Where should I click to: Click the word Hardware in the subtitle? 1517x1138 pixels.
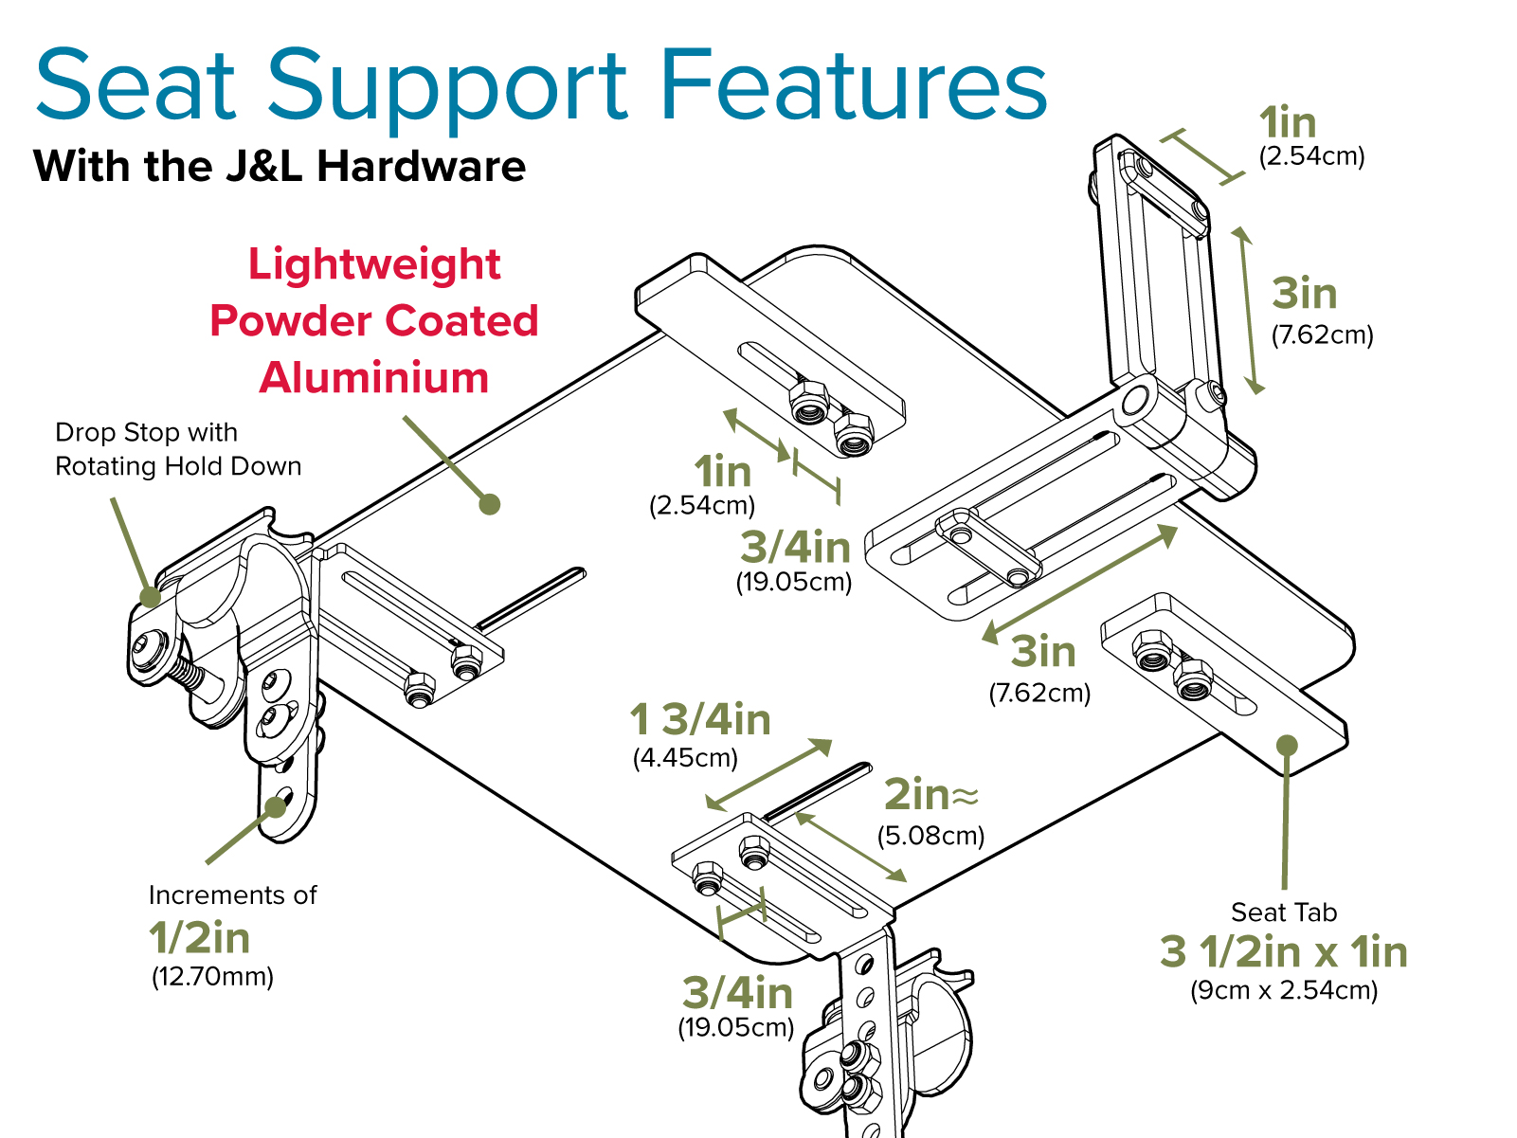point(421,167)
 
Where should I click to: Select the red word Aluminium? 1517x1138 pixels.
point(374,377)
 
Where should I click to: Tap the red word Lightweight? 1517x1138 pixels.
point(374,264)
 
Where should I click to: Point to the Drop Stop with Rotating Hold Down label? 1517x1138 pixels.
point(178,449)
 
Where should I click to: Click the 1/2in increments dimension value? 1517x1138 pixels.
point(200,938)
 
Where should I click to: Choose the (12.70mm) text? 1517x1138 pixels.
point(212,976)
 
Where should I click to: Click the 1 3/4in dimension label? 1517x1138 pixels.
point(700,720)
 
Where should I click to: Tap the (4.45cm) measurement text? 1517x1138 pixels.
point(685,758)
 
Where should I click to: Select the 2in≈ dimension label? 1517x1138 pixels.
point(930,795)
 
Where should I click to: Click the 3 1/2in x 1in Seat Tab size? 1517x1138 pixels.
point(1284,952)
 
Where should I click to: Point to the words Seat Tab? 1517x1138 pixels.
point(1284,912)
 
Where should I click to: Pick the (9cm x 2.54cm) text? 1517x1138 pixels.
point(1284,990)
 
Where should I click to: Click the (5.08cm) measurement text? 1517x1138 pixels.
point(930,836)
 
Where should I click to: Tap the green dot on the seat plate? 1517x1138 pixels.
point(489,504)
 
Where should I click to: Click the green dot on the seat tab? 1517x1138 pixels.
point(1287,746)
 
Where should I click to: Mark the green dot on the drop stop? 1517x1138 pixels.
point(151,597)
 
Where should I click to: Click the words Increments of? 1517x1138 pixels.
point(232,895)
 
